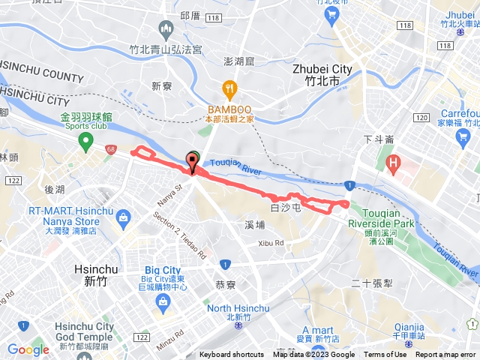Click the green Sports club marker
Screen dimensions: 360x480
click(86, 141)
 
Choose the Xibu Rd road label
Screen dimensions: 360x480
click(271, 243)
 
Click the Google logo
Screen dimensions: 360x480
click(28, 349)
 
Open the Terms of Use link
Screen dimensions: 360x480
click(384, 355)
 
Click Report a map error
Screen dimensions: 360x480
click(445, 355)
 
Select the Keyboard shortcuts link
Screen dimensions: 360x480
click(232, 355)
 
